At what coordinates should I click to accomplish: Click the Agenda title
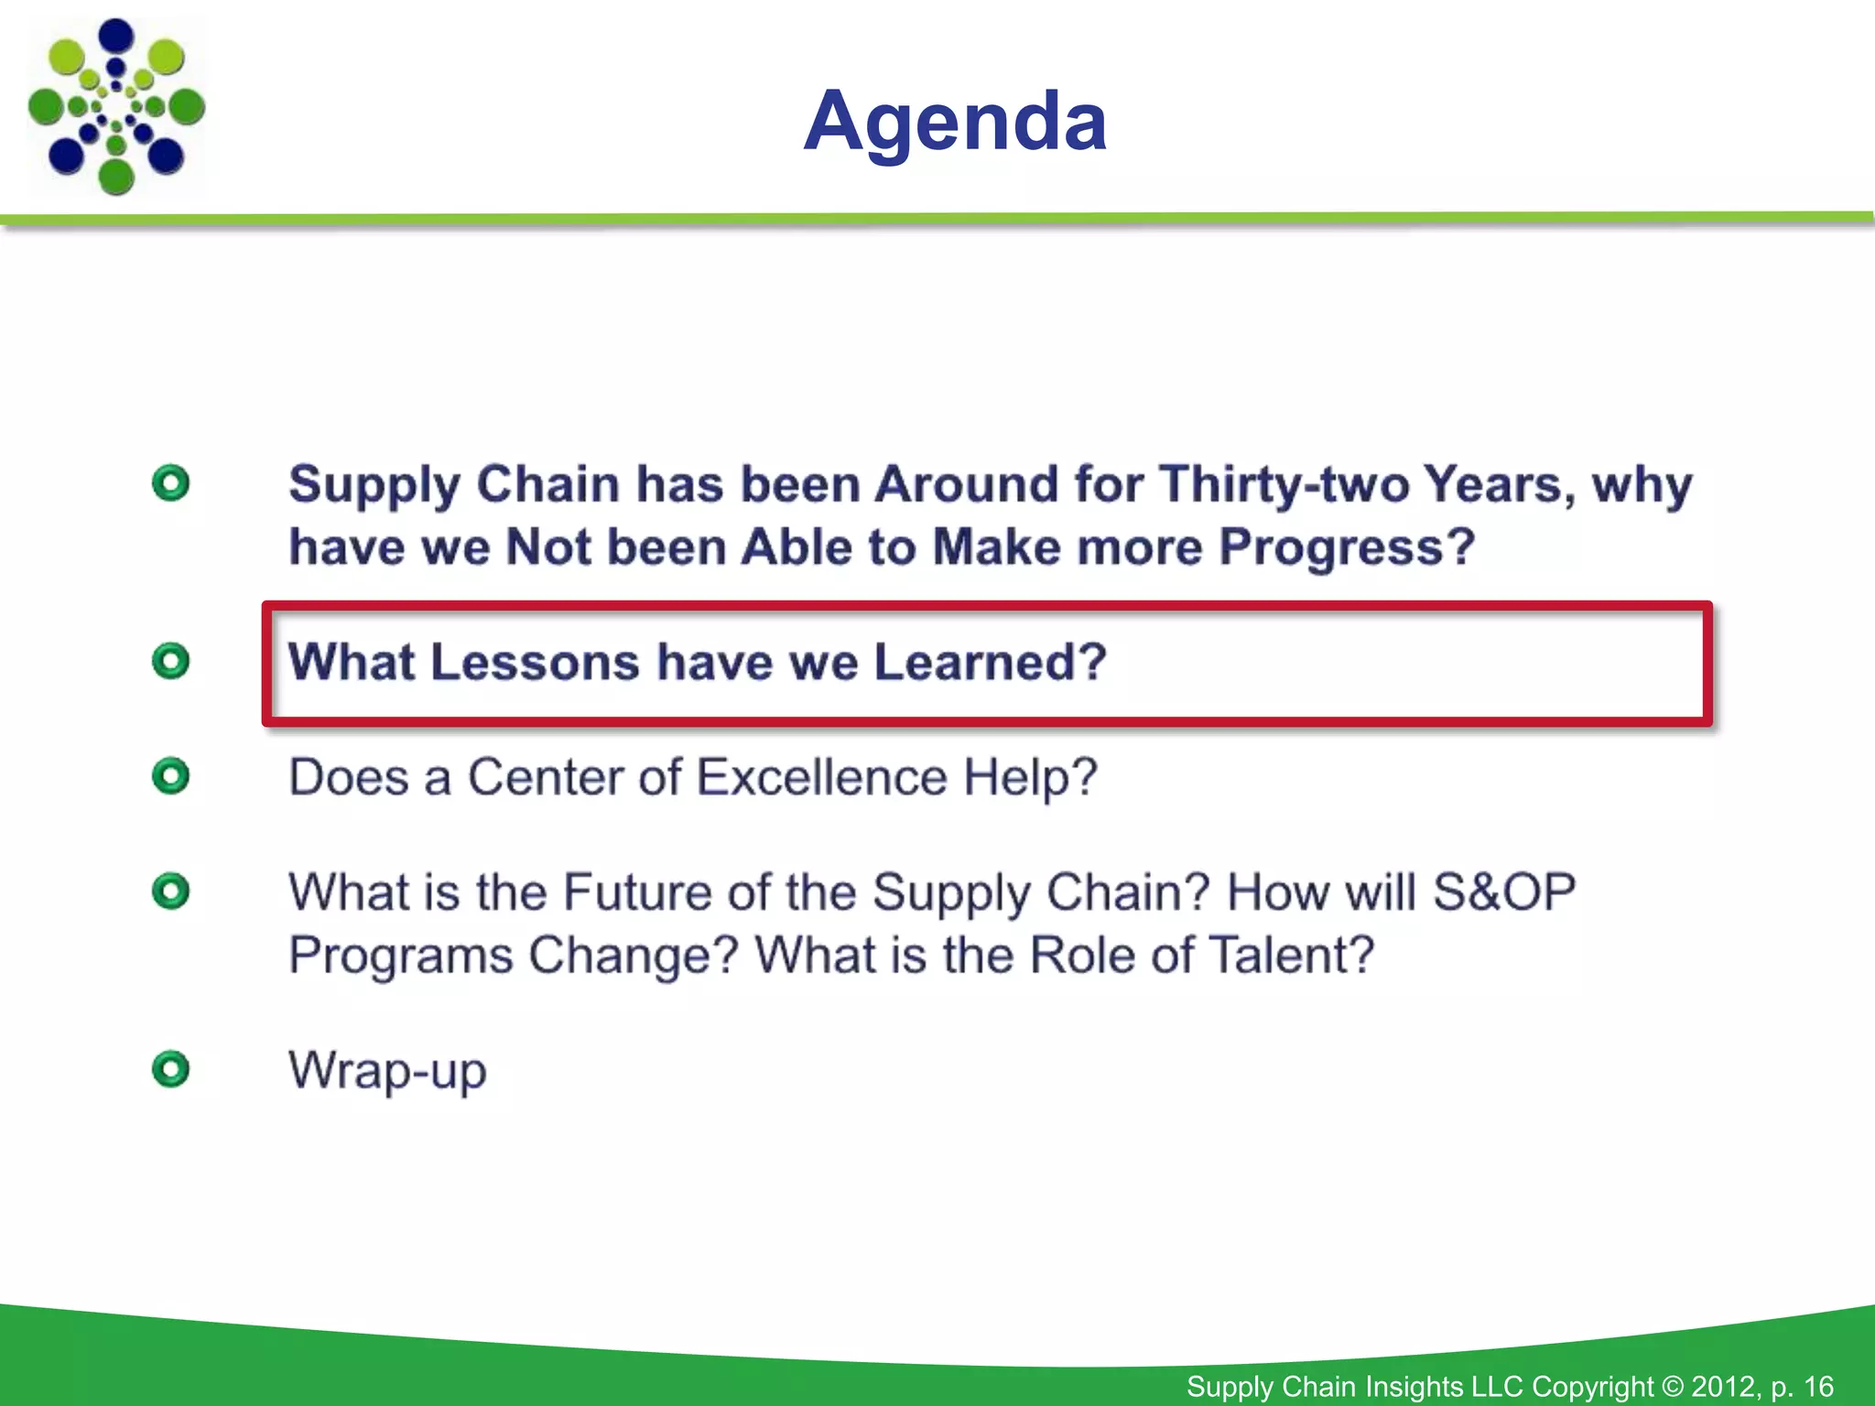pyautogui.click(x=955, y=121)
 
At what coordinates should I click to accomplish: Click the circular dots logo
pyautogui.click(x=116, y=106)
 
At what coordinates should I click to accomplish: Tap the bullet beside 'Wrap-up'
pyautogui.click(x=171, y=1068)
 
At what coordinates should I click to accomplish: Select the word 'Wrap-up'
pyautogui.click(x=387, y=1070)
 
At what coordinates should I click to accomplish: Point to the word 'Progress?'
pyautogui.click(x=1347, y=547)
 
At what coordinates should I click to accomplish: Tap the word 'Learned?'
pyautogui.click(x=991, y=662)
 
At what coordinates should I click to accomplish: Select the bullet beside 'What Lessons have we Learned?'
pyautogui.click(x=171, y=661)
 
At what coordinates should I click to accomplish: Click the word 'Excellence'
pyautogui.click(x=821, y=777)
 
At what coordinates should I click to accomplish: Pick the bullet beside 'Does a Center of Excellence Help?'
pyautogui.click(x=171, y=776)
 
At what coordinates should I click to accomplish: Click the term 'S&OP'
pyautogui.click(x=1503, y=892)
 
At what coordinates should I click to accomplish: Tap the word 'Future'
pyautogui.click(x=636, y=892)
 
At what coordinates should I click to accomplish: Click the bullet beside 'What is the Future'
pyautogui.click(x=171, y=891)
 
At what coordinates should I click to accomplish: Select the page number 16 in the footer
pyautogui.click(x=1818, y=1386)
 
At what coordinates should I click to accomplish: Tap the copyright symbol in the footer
pyautogui.click(x=1672, y=1386)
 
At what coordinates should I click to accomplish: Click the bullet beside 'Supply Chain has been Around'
pyautogui.click(x=171, y=482)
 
